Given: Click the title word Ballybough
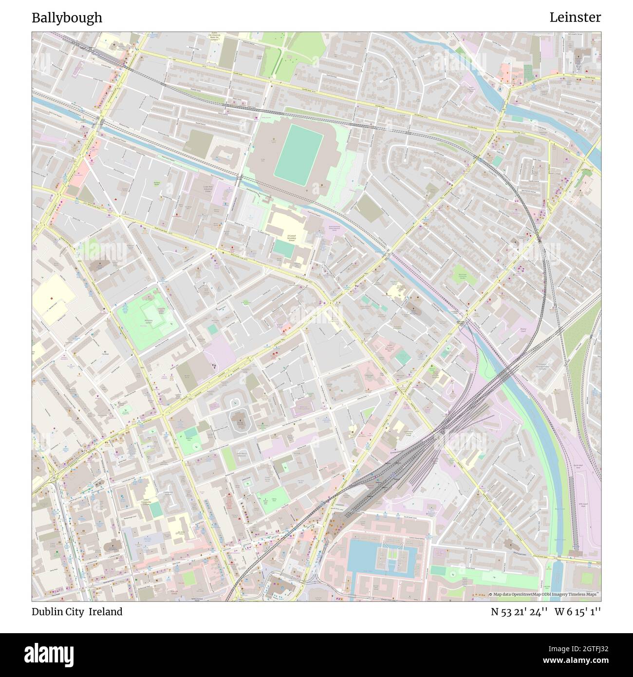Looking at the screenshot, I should point(67,18).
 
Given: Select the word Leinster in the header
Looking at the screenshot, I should point(575,18).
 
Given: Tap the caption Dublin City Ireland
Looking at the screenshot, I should point(77,612).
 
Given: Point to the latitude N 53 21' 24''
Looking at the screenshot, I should point(519,612).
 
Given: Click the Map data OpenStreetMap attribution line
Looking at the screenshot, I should point(544,594).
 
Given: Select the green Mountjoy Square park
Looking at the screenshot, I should point(149,321).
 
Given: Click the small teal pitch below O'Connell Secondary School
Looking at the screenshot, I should point(283,249).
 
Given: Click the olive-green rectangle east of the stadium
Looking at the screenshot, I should point(368,208).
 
